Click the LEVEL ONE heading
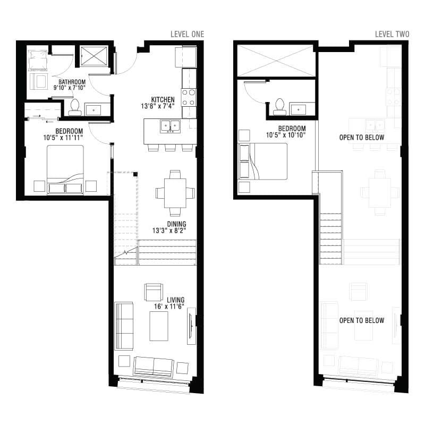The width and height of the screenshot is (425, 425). pos(187,35)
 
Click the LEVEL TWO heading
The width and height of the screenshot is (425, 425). pos(392,35)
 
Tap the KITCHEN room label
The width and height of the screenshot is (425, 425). pos(163,99)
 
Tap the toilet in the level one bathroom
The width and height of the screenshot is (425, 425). pos(75,107)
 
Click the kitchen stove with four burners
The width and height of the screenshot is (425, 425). pos(189,97)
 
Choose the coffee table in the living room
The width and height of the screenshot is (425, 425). pos(159,326)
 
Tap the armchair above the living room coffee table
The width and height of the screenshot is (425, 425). pos(154,292)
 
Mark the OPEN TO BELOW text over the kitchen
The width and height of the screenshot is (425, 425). pos(362,138)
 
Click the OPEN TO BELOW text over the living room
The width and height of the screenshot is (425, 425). pos(362,320)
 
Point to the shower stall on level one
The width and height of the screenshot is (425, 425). pos(93,55)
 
